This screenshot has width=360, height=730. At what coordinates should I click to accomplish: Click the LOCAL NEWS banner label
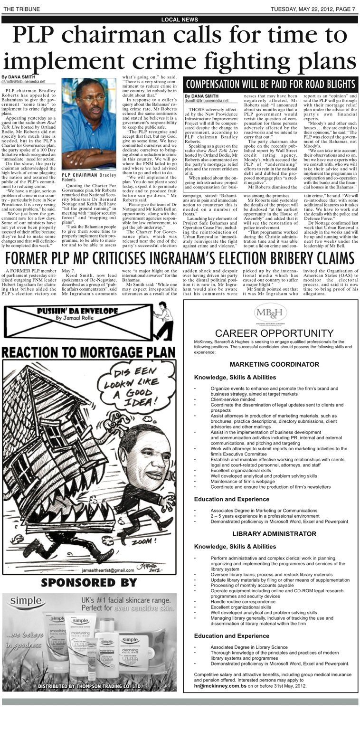click(x=180, y=19)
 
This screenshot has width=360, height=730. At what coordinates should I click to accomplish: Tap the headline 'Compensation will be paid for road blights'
click(x=270, y=85)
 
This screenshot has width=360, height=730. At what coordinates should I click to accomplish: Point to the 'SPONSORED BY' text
click(x=89, y=583)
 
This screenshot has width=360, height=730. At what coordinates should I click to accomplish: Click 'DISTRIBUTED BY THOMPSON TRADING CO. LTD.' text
click(x=89, y=687)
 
